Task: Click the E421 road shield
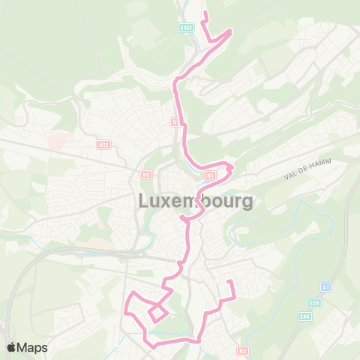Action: [187, 27]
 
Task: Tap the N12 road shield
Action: [103, 144]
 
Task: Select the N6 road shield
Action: [146, 175]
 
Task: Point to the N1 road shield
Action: [211, 175]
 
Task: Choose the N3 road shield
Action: [242, 350]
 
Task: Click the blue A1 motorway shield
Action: [325, 287]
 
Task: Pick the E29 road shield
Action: [315, 303]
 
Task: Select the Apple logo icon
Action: [12, 347]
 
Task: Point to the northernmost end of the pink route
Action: [205, 13]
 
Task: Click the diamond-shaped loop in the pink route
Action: [157, 313]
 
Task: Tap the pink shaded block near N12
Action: [56, 140]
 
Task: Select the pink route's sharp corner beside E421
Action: [230, 31]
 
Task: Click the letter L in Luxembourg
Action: [144, 201]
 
